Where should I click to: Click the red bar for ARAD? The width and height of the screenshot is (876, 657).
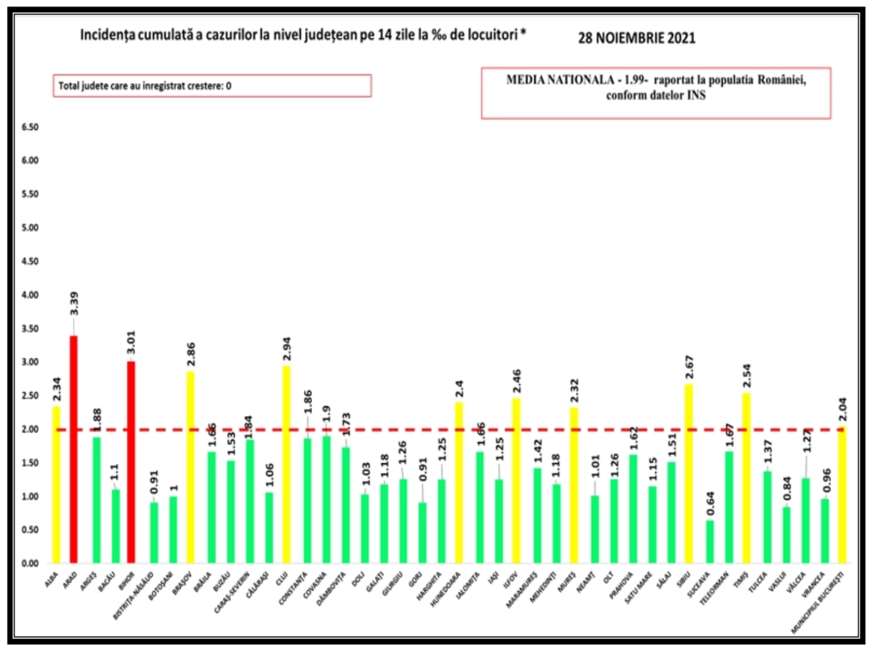point(73,449)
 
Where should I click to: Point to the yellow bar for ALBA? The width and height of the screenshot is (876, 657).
point(56,484)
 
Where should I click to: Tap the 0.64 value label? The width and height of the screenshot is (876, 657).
point(710,503)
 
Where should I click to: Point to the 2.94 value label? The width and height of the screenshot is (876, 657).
point(286,349)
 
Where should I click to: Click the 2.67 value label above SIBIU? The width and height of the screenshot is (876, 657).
point(689,367)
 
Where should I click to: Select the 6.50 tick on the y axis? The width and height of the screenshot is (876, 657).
point(30,127)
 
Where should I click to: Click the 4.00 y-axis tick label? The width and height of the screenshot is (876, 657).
point(30,295)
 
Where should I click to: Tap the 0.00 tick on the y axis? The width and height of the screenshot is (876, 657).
point(30,563)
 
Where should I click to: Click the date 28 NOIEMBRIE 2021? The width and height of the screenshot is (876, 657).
point(637,38)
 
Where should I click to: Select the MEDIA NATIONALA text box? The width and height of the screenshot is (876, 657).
point(656,93)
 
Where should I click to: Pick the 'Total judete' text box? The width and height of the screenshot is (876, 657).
point(212,86)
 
